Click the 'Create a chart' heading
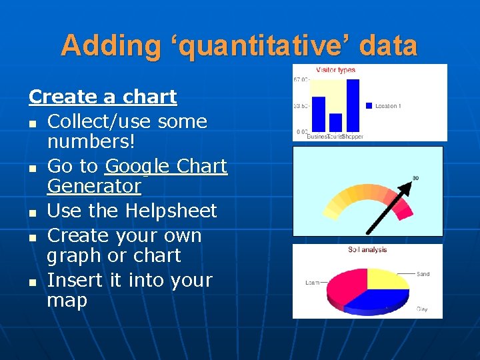[103, 97]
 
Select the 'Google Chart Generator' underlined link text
[166, 166]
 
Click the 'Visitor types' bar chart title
[335, 70]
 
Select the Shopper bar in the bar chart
[353, 105]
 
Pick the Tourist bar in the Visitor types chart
[336, 122]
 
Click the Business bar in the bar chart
[319, 113]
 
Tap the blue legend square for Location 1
[369, 106]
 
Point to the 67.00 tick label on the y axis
[301, 80]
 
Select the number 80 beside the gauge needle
[415, 177]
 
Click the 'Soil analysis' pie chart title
[367, 250]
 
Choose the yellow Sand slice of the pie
[387, 277]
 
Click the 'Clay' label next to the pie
[422, 309]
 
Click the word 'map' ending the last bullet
[67, 301]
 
